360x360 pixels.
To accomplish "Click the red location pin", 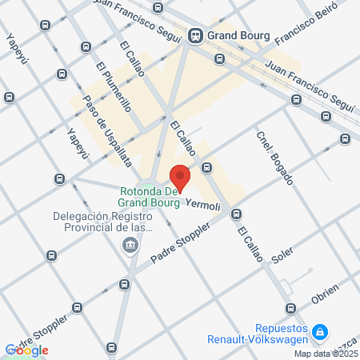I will point(180,177).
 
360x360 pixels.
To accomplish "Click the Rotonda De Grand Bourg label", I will point(150,197).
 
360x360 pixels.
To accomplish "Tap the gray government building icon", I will point(130,244).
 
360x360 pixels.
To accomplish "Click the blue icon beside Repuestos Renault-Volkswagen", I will point(320,330).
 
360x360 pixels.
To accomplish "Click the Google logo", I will point(27,350).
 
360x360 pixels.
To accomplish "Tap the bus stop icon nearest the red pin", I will point(206,168).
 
